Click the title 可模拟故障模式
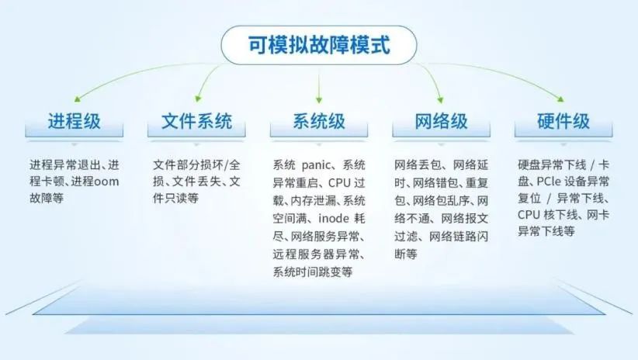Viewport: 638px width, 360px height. pyautogui.click(x=319, y=45)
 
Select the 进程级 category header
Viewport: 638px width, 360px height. pyautogui.click(x=74, y=121)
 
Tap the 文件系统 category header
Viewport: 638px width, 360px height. pyautogui.click(x=196, y=121)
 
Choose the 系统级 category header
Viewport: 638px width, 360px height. pyautogui.click(x=319, y=121)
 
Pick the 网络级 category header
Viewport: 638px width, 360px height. pyautogui.click(x=441, y=121)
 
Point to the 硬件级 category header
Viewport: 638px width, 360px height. pyautogui.click(x=563, y=121)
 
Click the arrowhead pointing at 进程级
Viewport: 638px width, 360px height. pyautogui.click(x=78, y=99)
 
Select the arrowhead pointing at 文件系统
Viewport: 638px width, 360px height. pyautogui.click(x=198, y=99)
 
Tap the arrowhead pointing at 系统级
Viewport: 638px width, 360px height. pyautogui.click(x=319, y=99)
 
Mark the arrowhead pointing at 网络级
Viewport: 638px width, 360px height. pyautogui.click(x=440, y=99)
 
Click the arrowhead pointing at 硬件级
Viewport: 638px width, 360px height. pyautogui.click(x=560, y=99)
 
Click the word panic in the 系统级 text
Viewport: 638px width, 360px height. pyautogui.click(x=317, y=165)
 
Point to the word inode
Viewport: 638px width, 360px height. pyautogui.click(x=334, y=219)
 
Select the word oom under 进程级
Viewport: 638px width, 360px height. pyautogui.click(x=106, y=182)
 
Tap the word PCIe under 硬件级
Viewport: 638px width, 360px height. pyautogui.click(x=549, y=181)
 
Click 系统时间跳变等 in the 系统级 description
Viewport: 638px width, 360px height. pyautogui.click(x=313, y=272)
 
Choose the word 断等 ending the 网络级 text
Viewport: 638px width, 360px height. pyautogui.click(x=406, y=254)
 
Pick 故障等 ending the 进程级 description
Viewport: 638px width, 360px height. pyautogui.click(x=47, y=198)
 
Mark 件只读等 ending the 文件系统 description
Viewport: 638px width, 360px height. pyautogui.click(x=175, y=198)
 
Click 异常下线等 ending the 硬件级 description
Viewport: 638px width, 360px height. pyautogui.click(x=546, y=231)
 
